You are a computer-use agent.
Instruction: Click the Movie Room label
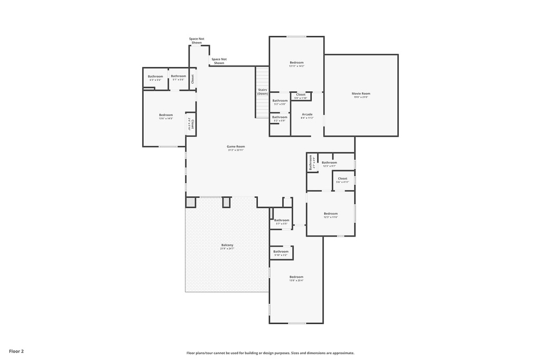pyautogui.click(x=361, y=93)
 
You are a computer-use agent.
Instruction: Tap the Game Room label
pyautogui.click(x=236, y=146)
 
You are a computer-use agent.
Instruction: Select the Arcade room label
pyautogui.click(x=307, y=114)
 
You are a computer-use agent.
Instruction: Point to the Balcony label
pyautogui.click(x=227, y=245)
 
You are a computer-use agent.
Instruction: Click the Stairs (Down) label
pyautogui.click(x=263, y=91)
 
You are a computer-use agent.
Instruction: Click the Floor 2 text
pyautogui.click(x=16, y=351)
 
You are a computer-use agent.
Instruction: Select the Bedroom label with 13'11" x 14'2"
pyautogui.click(x=296, y=62)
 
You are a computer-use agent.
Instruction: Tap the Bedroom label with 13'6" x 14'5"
pyautogui.click(x=166, y=115)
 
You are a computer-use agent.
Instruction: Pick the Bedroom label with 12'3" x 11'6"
pyautogui.click(x=331, y=213)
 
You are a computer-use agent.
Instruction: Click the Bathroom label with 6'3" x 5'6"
pyautogui.click(x=155, y=76)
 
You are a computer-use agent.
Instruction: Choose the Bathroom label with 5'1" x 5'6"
pyautogui.click(x=179, y=75)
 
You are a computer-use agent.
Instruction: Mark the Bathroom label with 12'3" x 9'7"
pyautogui.click(x=329, y=162)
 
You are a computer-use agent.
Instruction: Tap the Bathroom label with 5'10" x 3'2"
pyautogui.click(x=281, y=251)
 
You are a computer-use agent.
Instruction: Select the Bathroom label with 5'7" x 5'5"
pyautogui.click(x=282, y=220)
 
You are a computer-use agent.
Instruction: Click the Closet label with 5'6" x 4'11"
pyautogui.click(x=342, y=178)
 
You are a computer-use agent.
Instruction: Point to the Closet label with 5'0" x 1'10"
pyautogui.click(x=301, y=94)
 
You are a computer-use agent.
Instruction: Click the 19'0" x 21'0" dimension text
pyautogui.click(x=361, y=97)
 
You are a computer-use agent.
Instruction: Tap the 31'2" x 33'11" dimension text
pyautogui.click(x=236, y=150)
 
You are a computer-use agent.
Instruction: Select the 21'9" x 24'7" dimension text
pyautogui.click(x=227, y=249)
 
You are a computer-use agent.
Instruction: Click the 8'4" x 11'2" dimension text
pyautogui.click(x=307, y=118)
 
